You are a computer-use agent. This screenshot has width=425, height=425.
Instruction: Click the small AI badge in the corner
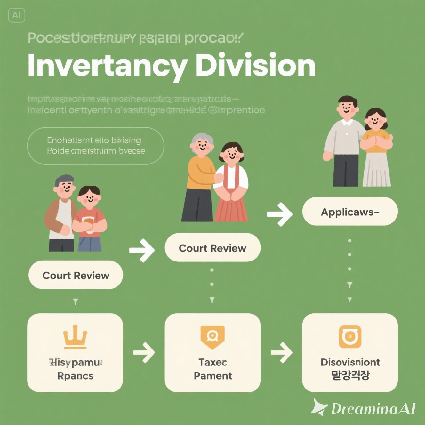tap(16, 15)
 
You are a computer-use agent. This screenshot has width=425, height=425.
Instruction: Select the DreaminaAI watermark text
tap(373, 409)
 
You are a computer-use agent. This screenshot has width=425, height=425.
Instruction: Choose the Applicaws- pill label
tap(350, 212)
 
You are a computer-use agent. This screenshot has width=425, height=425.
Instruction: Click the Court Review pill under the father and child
tap(76, 275)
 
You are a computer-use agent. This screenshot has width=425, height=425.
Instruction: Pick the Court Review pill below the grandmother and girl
tap(212, 248)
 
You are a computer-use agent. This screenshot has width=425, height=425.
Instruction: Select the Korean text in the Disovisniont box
tap(350, 375)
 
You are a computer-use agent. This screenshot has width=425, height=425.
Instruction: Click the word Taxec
tap(212, 362)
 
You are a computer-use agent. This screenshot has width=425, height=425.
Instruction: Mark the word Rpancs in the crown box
tap(75, 376)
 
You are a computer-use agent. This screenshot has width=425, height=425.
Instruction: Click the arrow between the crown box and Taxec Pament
tap(144, 352)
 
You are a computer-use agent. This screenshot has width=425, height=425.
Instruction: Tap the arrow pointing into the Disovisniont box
tap(281, 352)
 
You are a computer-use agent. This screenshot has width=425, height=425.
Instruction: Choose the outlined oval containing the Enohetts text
tap(96, 146)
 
